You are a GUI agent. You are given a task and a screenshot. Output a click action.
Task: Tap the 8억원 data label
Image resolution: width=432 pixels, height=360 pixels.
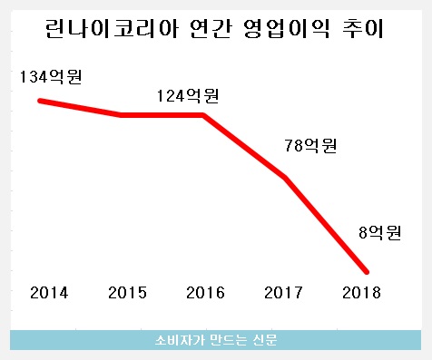[379, 234]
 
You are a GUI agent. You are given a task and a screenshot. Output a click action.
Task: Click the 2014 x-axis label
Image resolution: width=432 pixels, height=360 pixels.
[48, 293]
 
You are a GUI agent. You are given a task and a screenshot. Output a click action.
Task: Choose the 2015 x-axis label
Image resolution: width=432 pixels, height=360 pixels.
[126, 293]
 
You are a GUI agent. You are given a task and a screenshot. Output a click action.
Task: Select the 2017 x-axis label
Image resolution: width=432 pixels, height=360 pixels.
[282, 293]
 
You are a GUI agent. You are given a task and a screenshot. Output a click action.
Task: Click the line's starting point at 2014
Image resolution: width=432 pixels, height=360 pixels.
[39, 100]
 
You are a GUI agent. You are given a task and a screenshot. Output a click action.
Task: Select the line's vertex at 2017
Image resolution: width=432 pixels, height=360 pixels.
[285, 178]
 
